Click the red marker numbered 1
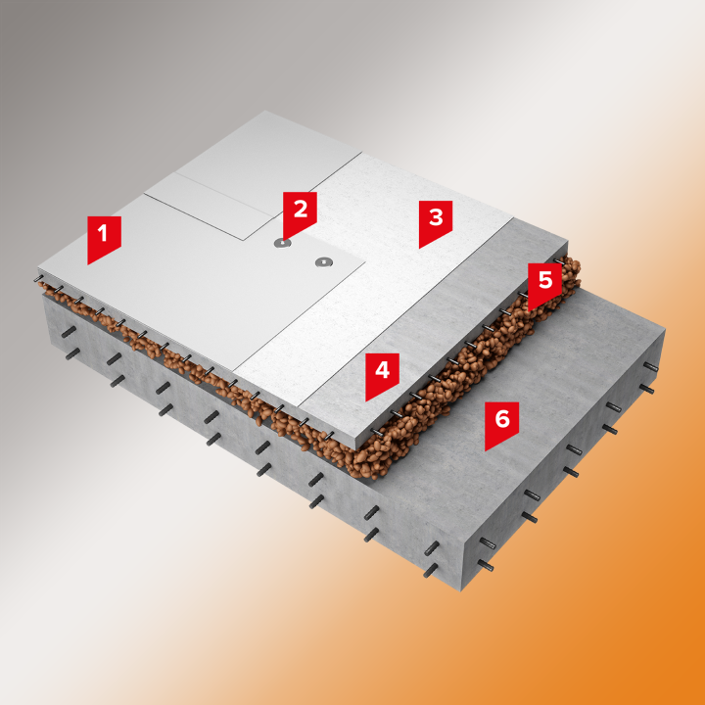tap(104, 237)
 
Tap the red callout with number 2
tap(300, 212)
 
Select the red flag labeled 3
tap(435, 221)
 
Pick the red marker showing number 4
tap(382, 374)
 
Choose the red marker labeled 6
tap(501, 423)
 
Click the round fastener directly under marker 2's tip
tap(282, 243)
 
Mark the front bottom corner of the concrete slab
tap(462, 590)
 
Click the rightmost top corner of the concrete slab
tap(665, 331)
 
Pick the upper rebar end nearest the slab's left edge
tap(69, 332)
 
